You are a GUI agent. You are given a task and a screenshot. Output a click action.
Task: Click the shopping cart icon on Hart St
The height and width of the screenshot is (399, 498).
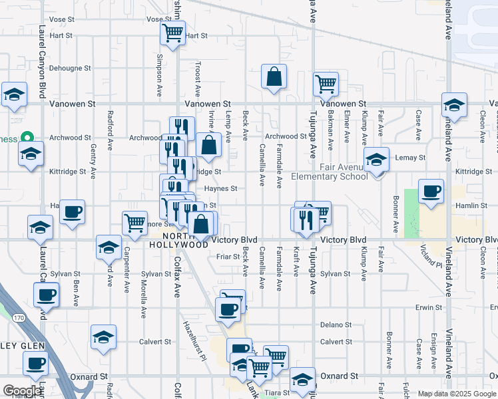pos(173,33)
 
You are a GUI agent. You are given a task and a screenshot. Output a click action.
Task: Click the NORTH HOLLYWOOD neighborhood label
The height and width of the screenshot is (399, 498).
pos(178,240)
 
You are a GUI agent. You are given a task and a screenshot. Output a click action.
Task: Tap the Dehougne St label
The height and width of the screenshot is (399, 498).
pos(70,68)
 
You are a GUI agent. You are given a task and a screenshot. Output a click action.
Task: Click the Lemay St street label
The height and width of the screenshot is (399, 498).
pos(411,158)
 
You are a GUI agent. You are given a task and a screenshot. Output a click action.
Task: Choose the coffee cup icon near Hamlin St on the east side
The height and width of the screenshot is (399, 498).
pos(431,192)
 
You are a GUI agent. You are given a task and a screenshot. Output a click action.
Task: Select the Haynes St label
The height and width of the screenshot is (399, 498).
pos(221,189)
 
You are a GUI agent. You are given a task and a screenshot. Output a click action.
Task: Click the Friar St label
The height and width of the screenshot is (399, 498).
pos(228,256)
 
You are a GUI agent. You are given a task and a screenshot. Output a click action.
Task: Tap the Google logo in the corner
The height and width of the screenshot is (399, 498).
pos(22,391)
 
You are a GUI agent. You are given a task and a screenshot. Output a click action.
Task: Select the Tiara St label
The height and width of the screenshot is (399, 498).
pos(279,392)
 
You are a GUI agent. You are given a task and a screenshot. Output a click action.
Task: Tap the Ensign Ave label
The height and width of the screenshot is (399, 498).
pos(433,358)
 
